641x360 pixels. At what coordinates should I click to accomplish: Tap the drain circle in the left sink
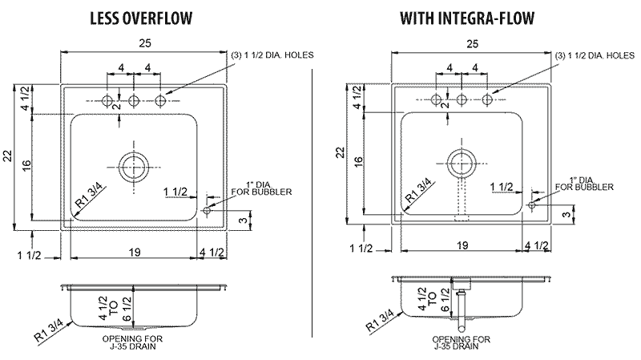(133, 168)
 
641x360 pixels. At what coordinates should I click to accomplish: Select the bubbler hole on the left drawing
(208, 210)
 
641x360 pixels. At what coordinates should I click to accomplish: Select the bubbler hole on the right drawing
(532, 205)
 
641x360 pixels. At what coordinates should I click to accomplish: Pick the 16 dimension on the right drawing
(358, 160)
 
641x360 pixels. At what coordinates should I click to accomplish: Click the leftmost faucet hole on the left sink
(107, 100)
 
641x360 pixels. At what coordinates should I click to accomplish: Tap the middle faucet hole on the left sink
(134, 100)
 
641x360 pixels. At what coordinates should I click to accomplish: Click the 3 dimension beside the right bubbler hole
(566, 214)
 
